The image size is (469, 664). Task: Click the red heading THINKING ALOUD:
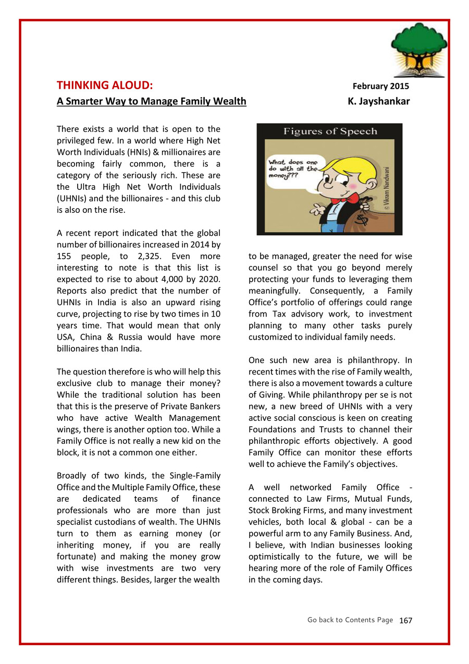[x=105, y=86]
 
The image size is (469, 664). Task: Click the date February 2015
[x=381, y=87]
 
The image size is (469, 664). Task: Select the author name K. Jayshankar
[x=378, y=101]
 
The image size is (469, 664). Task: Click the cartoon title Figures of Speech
[x=330, y=131]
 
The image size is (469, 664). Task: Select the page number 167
[x=405, y=620]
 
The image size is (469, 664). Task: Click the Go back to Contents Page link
[x=350, y=620]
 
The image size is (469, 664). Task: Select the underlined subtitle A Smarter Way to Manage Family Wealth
[x=151, y=101]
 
